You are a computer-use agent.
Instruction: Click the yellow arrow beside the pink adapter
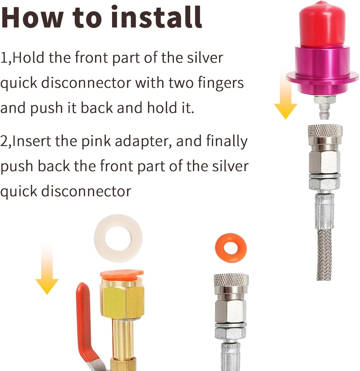click(285, 98)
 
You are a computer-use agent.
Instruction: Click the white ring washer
click(118, 238)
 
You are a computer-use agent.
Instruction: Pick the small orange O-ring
click(231, 248)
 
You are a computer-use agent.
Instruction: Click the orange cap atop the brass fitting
click(122, 274)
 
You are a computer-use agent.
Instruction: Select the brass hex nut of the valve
click(122, 301)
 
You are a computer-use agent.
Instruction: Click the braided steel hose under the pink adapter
click(324, 254)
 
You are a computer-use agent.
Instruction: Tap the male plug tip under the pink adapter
click(324, 111)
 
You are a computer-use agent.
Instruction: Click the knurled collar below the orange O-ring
click(231, 280)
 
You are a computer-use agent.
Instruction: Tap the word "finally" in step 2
click(227, 141)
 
